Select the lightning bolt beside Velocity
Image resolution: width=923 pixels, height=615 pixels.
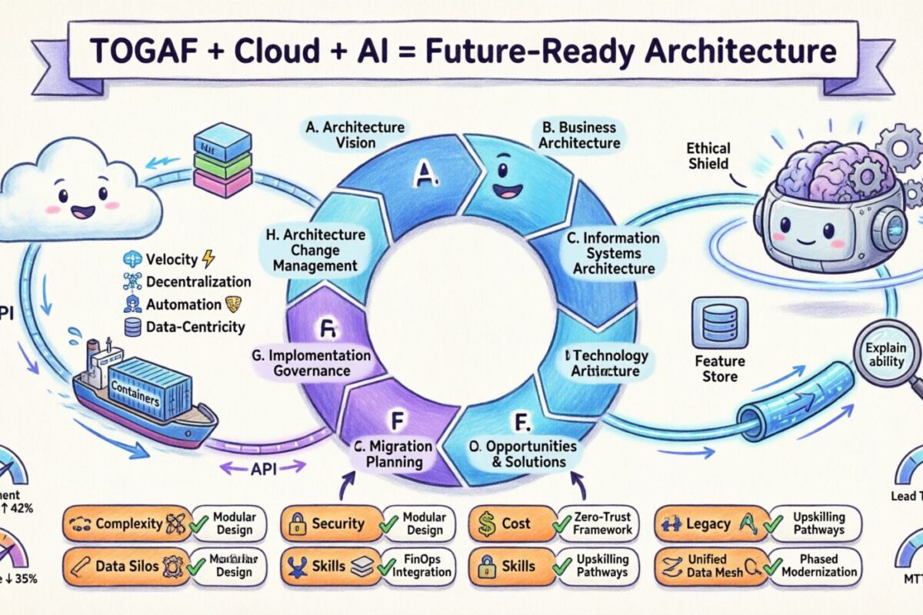(x=208, y=259)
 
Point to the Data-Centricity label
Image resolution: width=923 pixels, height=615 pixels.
(x=195, y=327)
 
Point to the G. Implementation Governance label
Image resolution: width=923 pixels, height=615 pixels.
(x=311, y=364)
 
